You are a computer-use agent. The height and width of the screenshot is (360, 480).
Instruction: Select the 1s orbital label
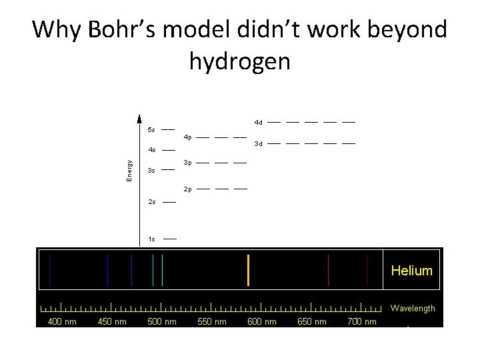[x=151, y=239]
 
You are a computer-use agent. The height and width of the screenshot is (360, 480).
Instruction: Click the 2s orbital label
[x=151, y=201]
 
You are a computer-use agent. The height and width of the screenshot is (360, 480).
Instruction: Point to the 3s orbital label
[x=151, y=171]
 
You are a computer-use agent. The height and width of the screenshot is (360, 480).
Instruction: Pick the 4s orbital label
[x=151, y=150]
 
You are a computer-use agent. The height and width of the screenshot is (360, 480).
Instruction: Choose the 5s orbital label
[x=151, y=130]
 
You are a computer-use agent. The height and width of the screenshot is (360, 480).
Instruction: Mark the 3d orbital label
[x=259, y=143]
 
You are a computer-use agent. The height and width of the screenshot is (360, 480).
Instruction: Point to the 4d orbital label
[x=259, y=123]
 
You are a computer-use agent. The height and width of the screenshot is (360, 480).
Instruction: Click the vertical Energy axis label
[x=129, y=168]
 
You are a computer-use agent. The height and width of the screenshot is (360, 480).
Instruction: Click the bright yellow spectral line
[x=248, y=270]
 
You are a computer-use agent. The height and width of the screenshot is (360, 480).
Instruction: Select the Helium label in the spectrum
[x=411, y=271]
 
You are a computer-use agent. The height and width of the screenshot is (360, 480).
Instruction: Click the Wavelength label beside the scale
[x=413, y=308]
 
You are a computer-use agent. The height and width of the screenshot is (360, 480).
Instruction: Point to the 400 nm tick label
[x=61, y=322]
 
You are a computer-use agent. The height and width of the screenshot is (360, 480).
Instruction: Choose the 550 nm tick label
[x=211, y=322]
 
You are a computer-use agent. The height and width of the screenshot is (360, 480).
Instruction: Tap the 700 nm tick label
[x=362, y=322]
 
